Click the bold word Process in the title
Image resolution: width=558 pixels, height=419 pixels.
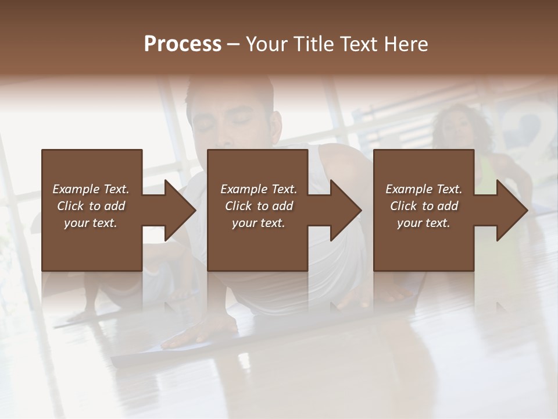(183, 44)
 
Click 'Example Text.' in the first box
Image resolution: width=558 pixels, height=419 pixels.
(91, 189)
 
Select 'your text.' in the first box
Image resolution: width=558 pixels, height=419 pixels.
(91, 223)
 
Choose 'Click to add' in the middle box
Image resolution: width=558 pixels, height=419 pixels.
(259, 206)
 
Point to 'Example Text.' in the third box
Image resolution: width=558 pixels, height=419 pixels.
(424, 189)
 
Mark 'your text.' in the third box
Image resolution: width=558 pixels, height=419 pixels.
(424, 223)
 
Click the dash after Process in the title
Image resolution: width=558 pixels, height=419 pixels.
(234, 45)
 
